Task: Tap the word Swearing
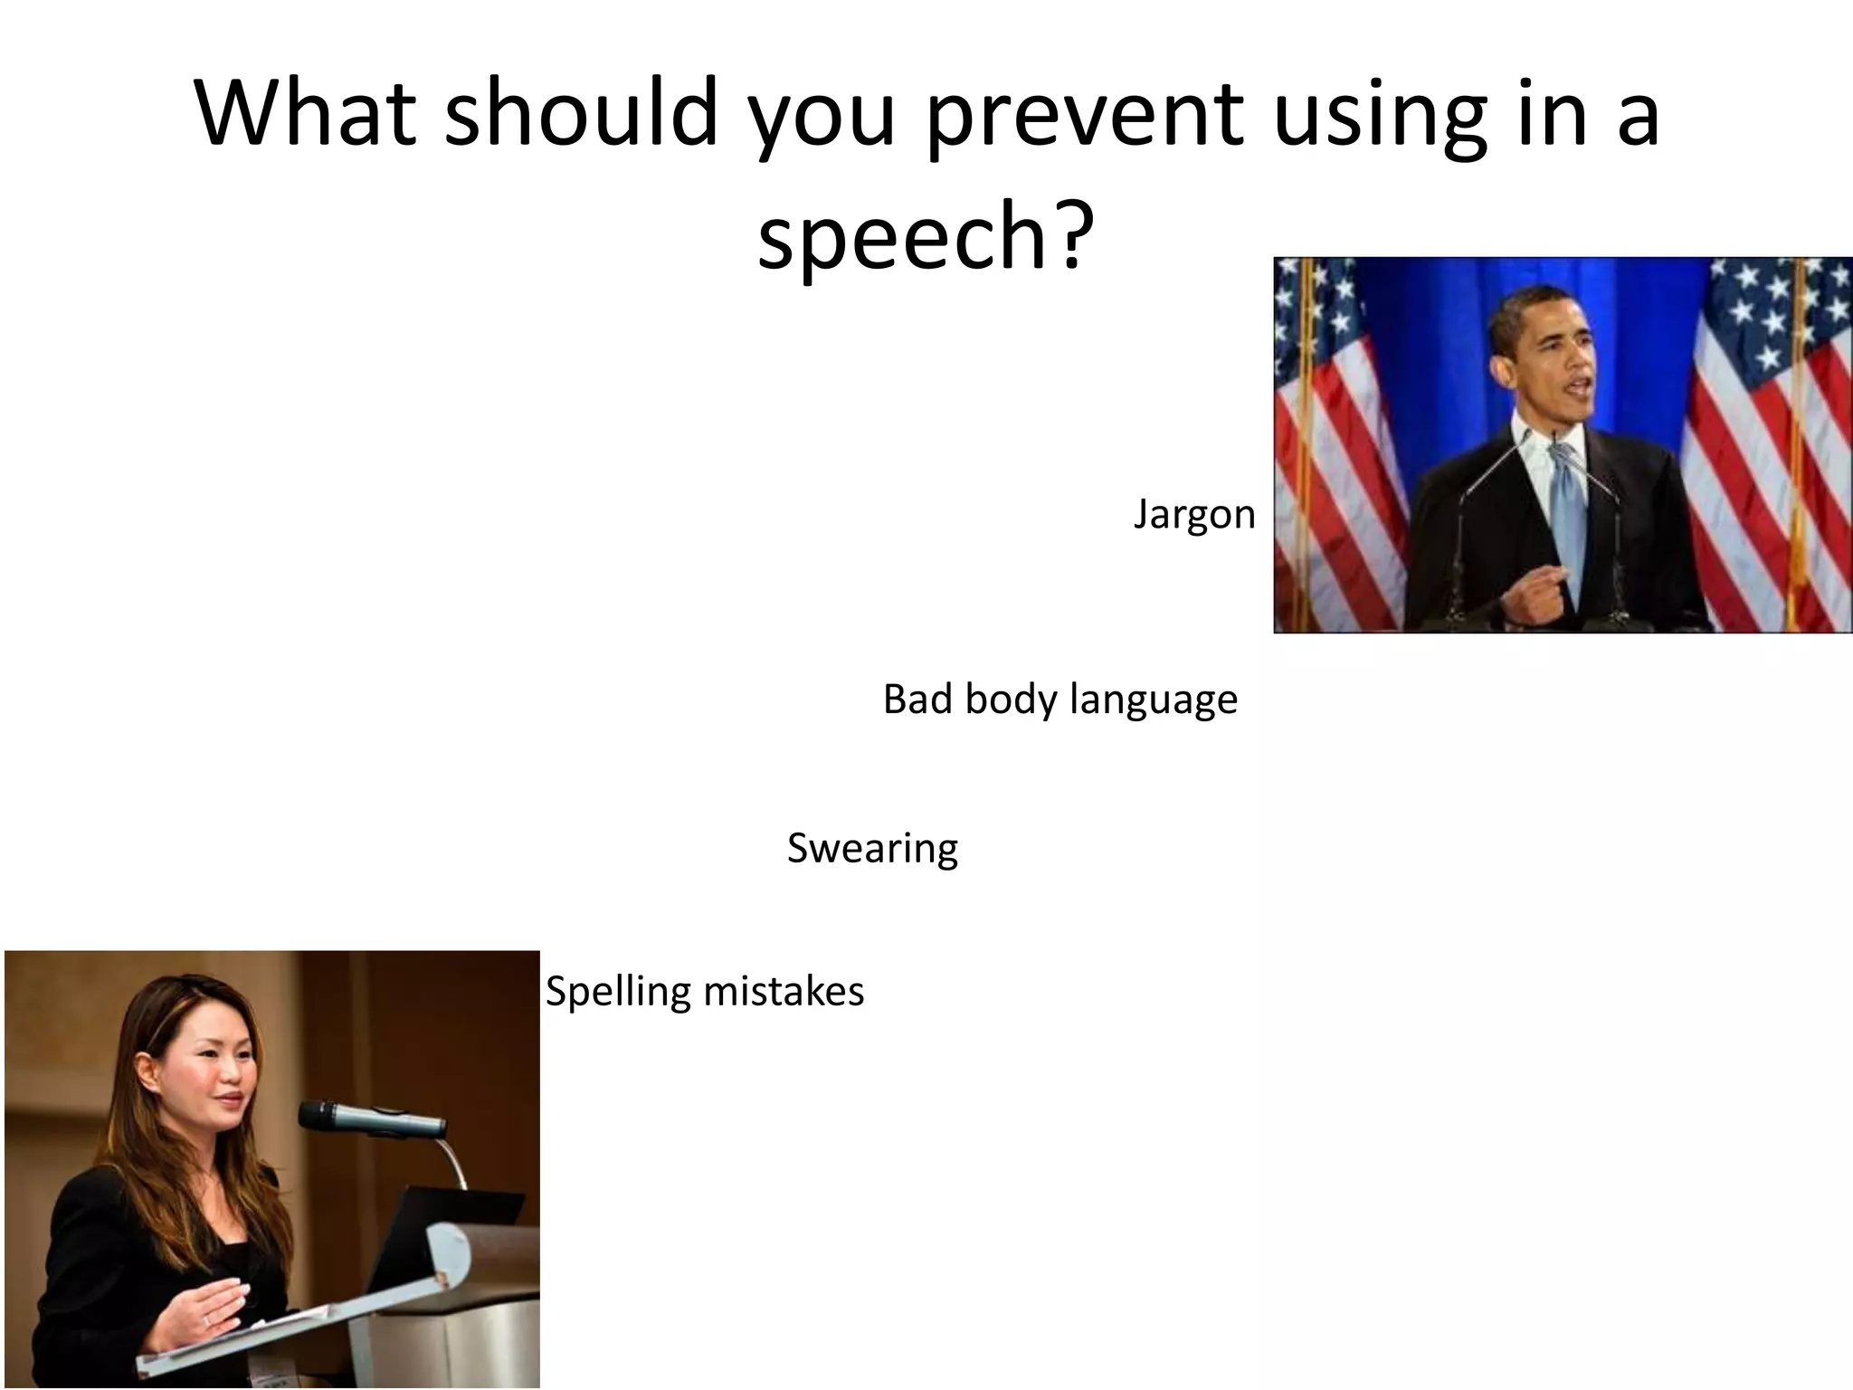tap(872, 849)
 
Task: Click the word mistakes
tap(784, 991)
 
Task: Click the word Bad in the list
tap(918, 699)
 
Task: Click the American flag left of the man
tap(1339, 434)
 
